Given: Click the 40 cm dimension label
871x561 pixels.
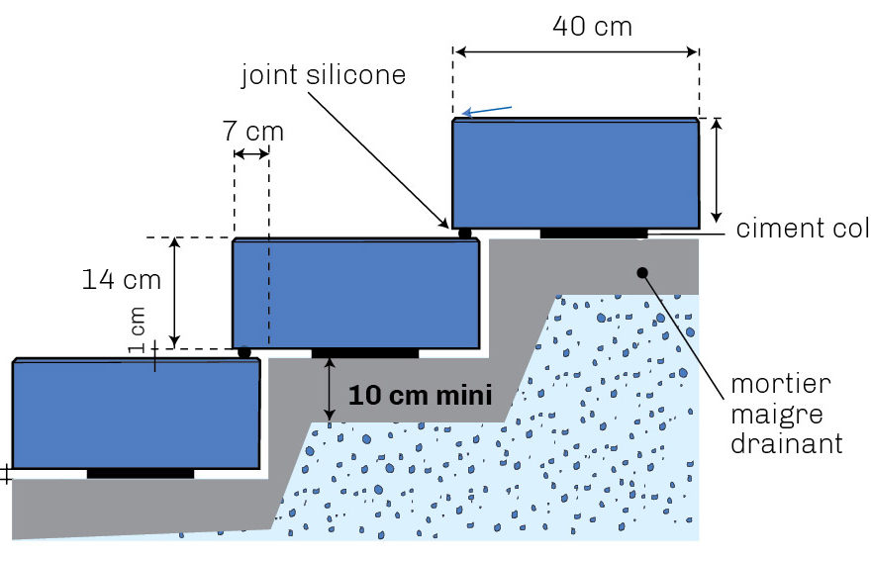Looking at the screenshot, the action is click(x=592, y=27).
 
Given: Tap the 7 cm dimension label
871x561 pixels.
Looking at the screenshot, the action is click(x=253, y=132).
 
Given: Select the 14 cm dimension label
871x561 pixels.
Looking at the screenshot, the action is click(x=121, y=279).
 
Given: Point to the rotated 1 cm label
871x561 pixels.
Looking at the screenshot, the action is click(x=137, y=329).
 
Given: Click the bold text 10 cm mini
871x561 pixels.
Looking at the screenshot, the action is click(x=421, y=396).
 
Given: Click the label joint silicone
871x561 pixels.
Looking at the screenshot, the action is click(x=324, y=75).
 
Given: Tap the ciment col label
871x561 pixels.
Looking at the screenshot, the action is click(x=803, y=229).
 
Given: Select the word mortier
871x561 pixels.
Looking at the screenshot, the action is click(x=781, y=384).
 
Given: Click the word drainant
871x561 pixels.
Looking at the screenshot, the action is click(x=787, y=443).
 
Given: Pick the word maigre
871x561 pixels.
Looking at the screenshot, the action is click(x=777, y=415).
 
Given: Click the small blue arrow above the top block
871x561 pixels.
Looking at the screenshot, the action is click(x=487, y=111).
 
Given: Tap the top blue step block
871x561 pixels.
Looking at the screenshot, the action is click(x=575, y=173).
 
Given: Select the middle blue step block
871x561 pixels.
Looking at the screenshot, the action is click(x=355, y=293).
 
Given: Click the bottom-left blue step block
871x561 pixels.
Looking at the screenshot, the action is click(x=137, y=414).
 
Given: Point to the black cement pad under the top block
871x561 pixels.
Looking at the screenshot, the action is click(x=594, y=234).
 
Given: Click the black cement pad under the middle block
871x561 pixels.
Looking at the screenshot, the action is click(x=365, y=353).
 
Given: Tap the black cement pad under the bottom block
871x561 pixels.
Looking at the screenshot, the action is click(x=141, y=473).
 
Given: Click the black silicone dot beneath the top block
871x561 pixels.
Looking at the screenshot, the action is click(x=465, y=234).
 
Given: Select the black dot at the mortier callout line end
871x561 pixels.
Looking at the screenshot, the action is click(x=642, y=273).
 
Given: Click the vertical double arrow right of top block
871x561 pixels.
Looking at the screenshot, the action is click(x=717, y=170).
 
